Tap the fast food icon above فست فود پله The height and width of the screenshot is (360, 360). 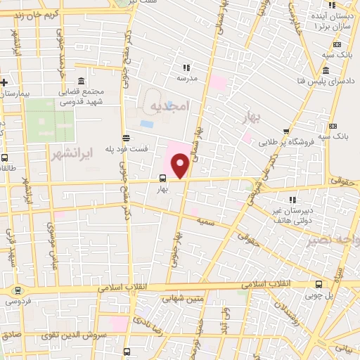pos(126,137)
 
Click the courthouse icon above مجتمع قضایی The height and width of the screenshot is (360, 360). pos(82,80)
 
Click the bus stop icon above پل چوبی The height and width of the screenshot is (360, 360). pos(319,284)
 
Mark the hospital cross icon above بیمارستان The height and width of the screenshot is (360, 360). pos(4,82)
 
